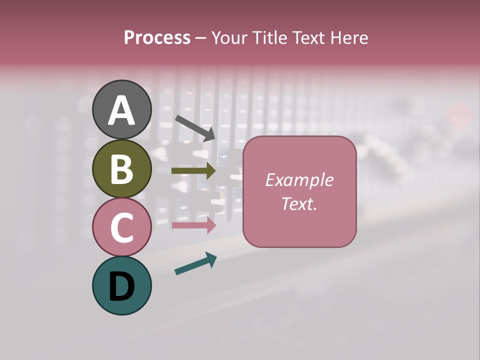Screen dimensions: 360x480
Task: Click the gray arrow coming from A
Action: (195, 128)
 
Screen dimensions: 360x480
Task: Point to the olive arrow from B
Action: (193, 171)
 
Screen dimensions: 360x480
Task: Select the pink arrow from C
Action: (193, 225)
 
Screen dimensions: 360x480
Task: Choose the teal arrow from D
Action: (195, 263)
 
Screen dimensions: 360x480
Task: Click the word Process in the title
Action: (157, 37)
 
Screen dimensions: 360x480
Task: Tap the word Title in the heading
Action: (269, 37)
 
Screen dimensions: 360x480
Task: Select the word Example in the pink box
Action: (299, 180)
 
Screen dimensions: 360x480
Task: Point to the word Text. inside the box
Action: (299, 203)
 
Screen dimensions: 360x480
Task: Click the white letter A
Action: (121, 110)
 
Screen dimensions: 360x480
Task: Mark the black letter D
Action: (121, 286)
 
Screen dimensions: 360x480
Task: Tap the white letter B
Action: (121, 168)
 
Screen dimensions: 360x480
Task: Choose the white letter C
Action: (121, 227)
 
